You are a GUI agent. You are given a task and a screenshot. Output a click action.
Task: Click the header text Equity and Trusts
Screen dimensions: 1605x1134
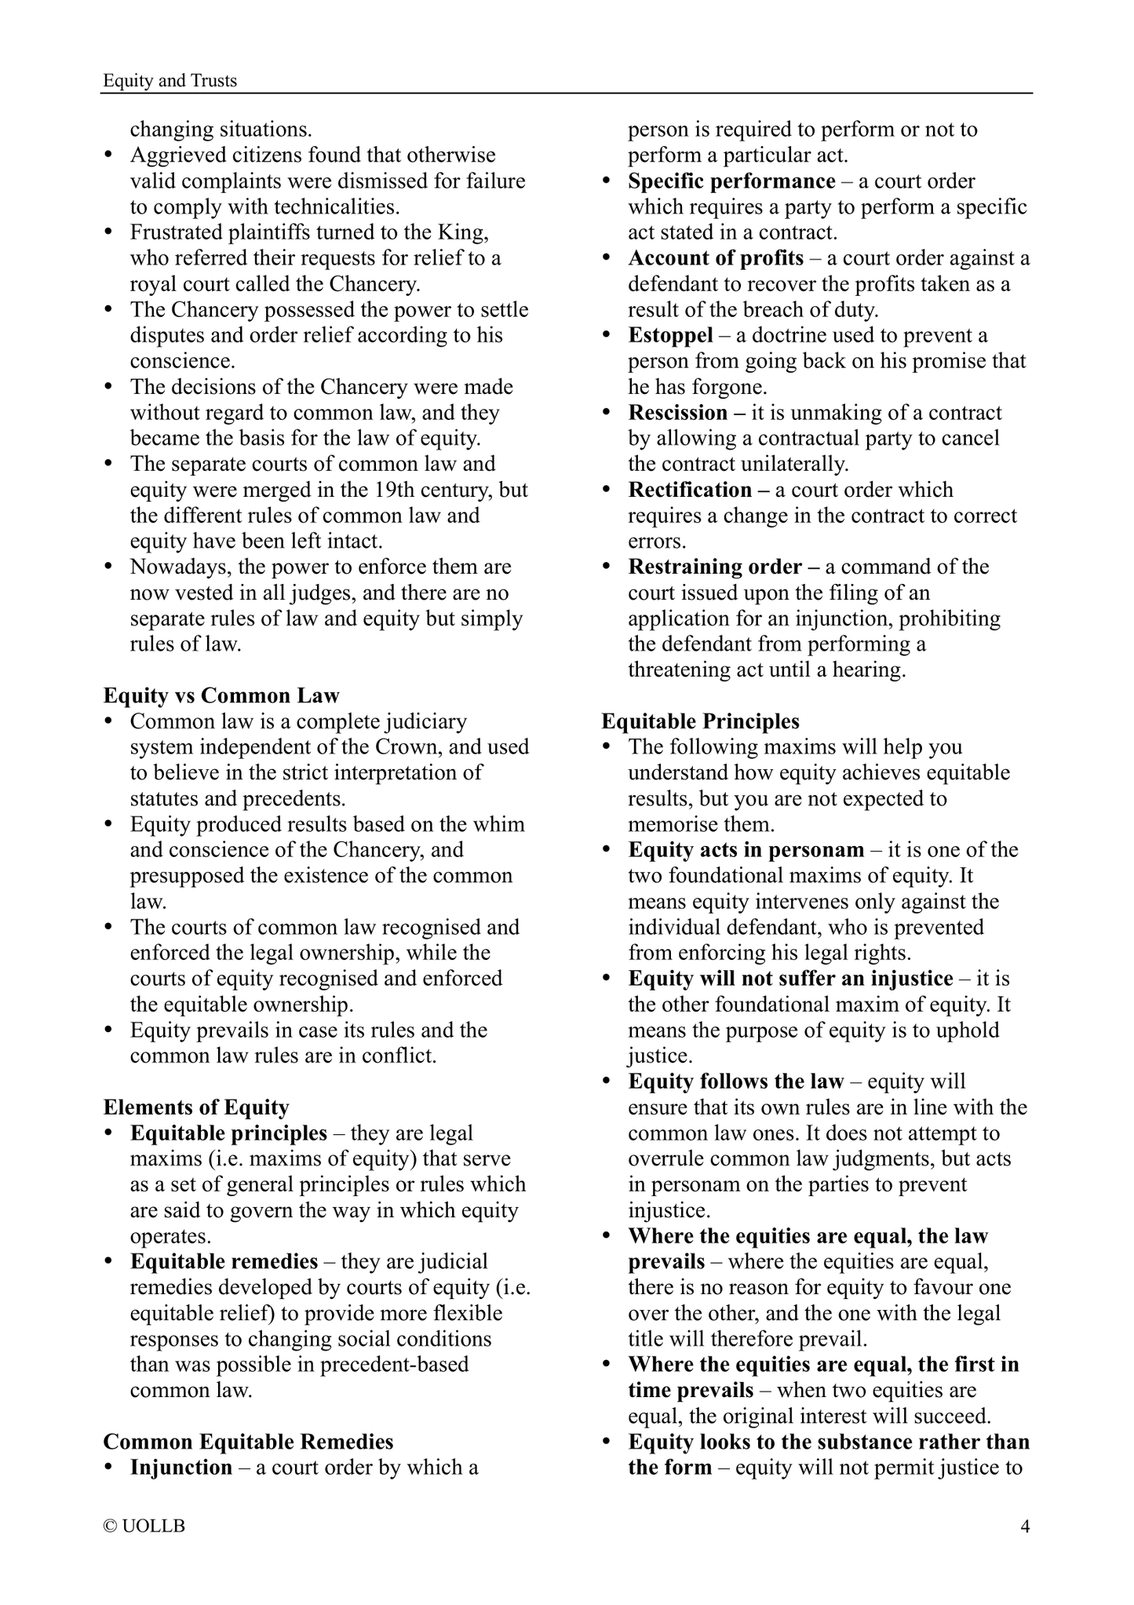pyautogui.click(x=170, y=81)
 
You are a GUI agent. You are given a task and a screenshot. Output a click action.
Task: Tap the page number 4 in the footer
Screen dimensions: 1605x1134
pyautogui.click(x=1024, y=1527)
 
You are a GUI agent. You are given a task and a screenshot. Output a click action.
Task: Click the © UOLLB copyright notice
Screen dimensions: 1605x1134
pyautogui.click(x=144, y=1527)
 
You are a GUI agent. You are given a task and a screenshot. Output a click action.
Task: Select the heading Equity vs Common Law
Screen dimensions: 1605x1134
pyautogui.click(x=221, y=695)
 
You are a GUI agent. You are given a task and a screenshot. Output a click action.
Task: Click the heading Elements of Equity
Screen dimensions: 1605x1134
pyautogui.click(x=196, y=1107)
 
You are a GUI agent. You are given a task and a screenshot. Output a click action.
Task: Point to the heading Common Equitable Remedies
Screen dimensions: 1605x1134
pyautogui.click(x=248, y=1442)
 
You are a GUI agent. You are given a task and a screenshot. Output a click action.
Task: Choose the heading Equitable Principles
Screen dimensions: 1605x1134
pyautogui.click(x=701, y=721)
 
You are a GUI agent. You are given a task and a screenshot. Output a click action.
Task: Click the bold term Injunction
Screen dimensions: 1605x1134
pyautogui.click(x=181, y=1468)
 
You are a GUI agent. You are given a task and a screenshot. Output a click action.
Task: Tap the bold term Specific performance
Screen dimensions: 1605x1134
pyautogui.click(x=731, y=181)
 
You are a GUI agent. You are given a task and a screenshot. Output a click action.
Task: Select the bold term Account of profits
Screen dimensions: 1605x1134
pyautogui.click(x=716, y=258)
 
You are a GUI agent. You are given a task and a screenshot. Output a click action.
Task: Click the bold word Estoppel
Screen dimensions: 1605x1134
pyautogui.click(x=670, y=336)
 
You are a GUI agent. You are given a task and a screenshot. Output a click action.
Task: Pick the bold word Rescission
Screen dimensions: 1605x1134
pyautogui.click(x=678, y=413)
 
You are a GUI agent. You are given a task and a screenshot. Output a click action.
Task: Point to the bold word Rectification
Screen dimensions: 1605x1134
pyautogui.click(x=690, y=490)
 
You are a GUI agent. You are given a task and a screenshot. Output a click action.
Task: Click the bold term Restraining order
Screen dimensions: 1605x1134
pyautogui.click(x=715, y=567)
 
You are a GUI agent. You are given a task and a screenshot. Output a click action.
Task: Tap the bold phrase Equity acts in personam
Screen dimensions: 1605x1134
pyautogui.click(x=746, y=850)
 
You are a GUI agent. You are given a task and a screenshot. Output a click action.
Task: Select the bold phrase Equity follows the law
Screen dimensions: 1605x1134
pyautogui.click(x=735, y=1082)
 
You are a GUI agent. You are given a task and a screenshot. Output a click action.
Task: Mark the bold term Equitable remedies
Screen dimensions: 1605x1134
pyautogui.click(x=224, y=1261)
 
